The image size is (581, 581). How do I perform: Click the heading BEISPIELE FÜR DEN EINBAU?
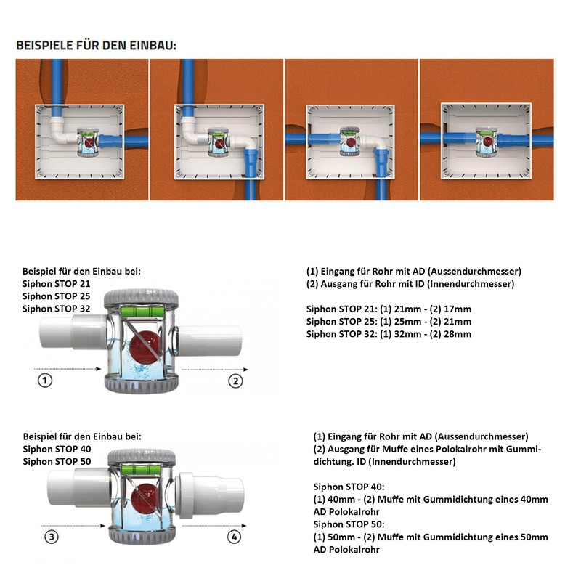pos(97,45)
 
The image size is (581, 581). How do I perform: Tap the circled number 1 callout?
pos(45,380)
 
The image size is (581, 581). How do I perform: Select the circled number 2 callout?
pos(235,381)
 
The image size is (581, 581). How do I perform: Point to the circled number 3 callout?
pos(52,537)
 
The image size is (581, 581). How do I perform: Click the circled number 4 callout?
pos(234,537)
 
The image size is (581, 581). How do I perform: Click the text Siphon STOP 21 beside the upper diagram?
pos(57,284)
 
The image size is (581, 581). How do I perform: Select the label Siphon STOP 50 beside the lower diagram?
pos(57,462)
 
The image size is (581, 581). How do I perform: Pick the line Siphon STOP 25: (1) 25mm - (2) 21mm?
pos(389,322)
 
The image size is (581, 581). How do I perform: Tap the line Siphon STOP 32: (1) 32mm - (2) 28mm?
pos(389,334)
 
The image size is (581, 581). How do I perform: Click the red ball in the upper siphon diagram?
pos(145,347)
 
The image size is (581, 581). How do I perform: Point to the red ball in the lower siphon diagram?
pos(146,497)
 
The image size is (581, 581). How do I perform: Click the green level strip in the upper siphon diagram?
pos(141,312)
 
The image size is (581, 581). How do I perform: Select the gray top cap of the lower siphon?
pos(142,458)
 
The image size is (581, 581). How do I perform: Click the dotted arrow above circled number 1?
pos(68,369)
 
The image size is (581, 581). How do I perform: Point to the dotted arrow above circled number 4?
pos(214,525)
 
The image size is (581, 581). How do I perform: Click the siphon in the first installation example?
pos(88,142)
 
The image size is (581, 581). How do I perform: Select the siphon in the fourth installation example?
pos(486,141)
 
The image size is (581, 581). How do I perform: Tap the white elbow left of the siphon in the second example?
pos(192,133)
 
